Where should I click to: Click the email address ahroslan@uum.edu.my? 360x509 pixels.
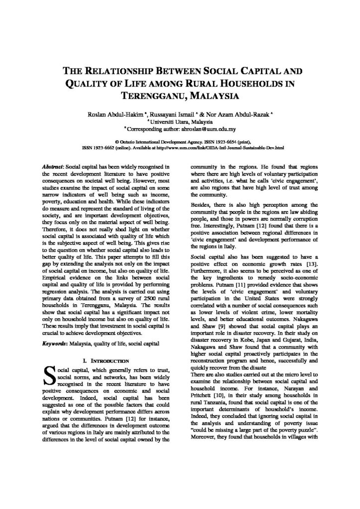click(214, 128)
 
